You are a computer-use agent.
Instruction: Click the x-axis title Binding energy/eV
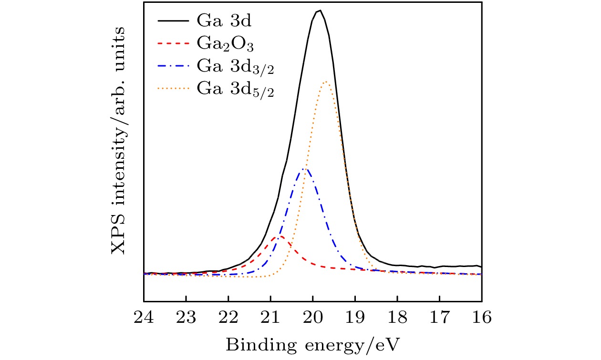point(313,343)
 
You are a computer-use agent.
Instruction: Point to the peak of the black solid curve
point(319,10)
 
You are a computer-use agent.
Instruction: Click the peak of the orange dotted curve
point(326,82)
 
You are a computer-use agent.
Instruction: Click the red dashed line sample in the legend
point(173,44)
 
